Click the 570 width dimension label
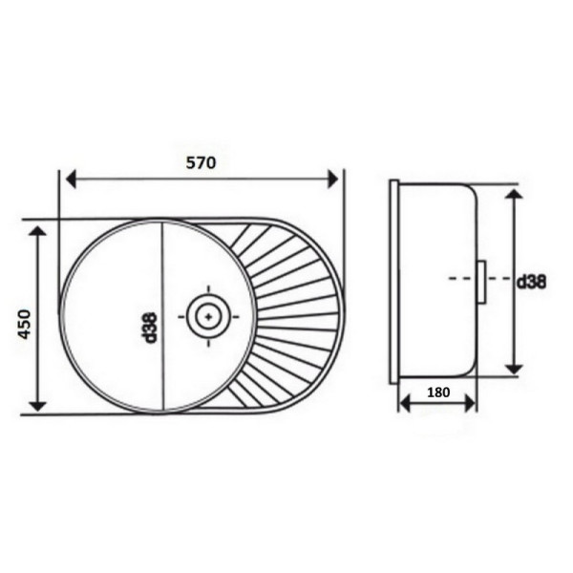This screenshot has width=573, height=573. click(201, 162)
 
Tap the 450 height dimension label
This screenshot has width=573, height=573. click(25, 324)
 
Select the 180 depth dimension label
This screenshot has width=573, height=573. click(438, 393)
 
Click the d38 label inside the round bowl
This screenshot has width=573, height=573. click(150, 328)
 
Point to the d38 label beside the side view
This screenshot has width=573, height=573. click(531, 282)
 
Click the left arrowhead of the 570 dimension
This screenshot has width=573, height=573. click(71, 179)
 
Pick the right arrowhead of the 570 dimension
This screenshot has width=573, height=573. click(333, 179)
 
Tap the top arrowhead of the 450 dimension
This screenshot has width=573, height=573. click(38, 231)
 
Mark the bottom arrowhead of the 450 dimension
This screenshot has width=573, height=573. click(38, 406)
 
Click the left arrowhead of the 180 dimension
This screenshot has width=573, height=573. click(405, 404)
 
